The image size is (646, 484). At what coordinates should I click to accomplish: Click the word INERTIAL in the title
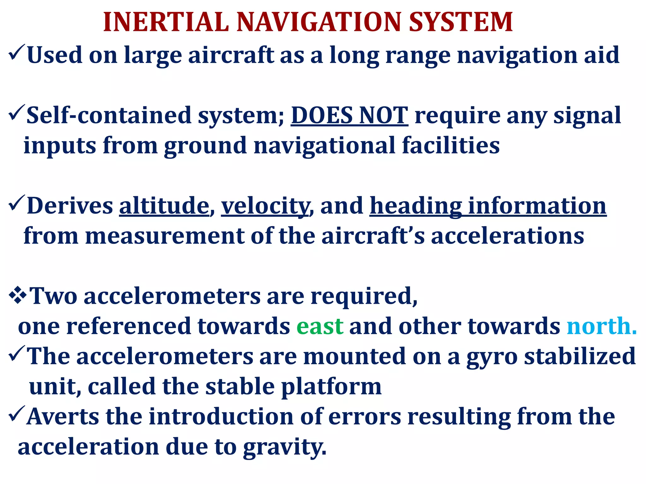pos(166,22)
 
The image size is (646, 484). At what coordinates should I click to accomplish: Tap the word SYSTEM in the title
pos(461,22)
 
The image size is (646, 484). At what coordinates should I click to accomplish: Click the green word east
pos(320,326)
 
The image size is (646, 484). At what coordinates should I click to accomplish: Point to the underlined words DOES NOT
pos(349,115)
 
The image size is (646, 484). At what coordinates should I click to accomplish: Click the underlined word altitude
pos(164,206)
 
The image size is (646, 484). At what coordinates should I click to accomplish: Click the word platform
pos(331,387)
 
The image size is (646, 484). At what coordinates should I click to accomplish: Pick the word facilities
pos(451,146)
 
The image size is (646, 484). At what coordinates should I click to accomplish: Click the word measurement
pos(164,236)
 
